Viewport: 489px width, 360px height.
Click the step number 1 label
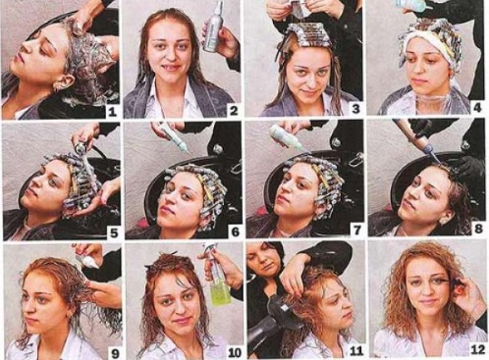point(111,111)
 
